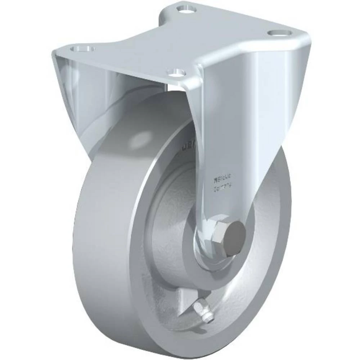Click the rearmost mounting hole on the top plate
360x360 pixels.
pyautogui.click(x=185, y=7)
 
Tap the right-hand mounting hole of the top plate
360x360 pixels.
pyautogui.click(x=280, y=33)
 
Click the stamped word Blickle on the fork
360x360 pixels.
pyautogui.click(x=223, y=176)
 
